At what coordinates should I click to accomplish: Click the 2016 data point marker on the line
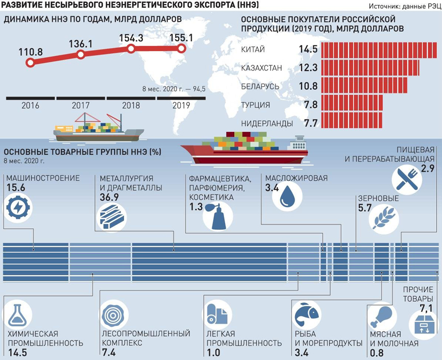click(x=30, y=63)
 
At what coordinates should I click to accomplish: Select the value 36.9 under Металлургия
click(x=110, y=197)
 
